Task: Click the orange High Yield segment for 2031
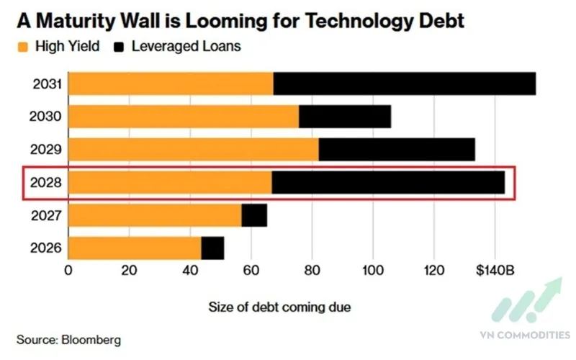171,84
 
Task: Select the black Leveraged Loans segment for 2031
405,84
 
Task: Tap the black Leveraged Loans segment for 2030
345,117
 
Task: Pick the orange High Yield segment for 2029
194,149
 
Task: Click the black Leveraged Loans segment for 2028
388,182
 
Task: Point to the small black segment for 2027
254,215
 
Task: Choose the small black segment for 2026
212,248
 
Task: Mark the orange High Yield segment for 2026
135,248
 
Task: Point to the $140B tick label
495,271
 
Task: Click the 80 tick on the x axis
312,271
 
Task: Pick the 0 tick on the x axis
68,271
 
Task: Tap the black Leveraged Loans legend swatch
120,47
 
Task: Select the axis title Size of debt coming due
279,307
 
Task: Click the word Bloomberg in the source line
90,338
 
